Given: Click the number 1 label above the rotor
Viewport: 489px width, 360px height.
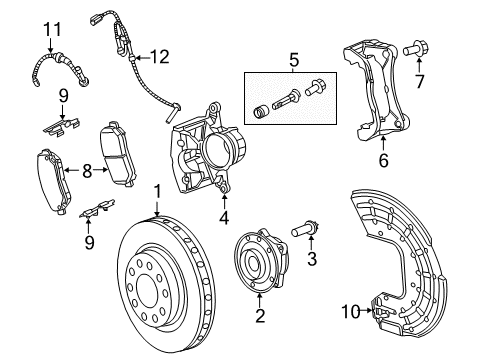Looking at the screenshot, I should (157, 191).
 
